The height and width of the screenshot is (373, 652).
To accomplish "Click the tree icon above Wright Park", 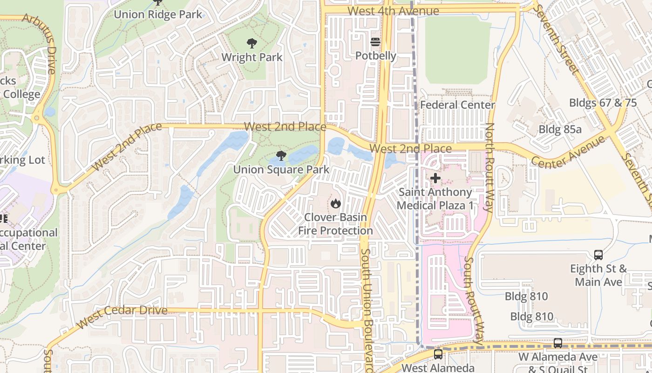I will [x=252, y=44].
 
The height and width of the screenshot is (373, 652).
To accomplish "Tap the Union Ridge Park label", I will [x=158, y=14].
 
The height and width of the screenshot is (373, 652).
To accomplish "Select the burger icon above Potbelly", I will [x=375, y=42].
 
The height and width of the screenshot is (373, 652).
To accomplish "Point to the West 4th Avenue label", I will [x=393, y=11].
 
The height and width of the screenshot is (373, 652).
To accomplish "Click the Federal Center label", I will [x=457, y=105].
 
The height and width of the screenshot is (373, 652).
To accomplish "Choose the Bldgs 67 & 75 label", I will [x=603, y=103].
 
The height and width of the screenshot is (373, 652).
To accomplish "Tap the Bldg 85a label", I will [x=560, y=129].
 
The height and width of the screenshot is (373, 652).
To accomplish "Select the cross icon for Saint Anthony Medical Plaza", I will [x=435, y=178].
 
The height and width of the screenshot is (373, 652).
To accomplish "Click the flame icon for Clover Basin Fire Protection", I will [x=335, y=203].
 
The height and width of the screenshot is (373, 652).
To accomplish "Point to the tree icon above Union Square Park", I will [x=281, y=156].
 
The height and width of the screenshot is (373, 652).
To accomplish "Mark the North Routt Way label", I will [x=489, y=167].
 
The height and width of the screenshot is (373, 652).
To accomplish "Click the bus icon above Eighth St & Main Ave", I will [x=598, y=255].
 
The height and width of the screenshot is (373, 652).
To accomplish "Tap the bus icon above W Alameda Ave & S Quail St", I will [x=557, y=343].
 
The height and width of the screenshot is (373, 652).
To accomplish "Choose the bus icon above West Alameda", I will [x=438, y=354].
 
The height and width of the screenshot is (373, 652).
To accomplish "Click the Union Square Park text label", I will [x=281, y=170].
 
